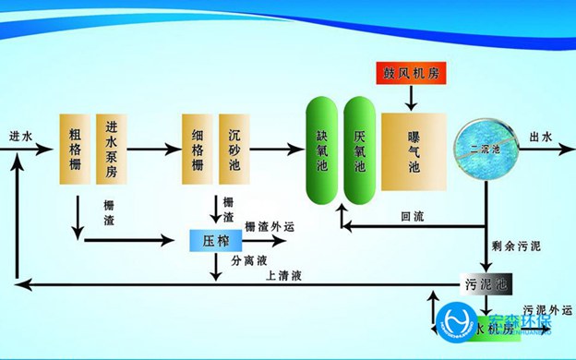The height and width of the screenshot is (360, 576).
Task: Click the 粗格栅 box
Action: click(x=76, y=149)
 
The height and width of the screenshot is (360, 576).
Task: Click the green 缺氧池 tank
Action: click(x=322, y=148)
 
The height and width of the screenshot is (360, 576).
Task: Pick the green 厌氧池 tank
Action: click(x=360, y=148)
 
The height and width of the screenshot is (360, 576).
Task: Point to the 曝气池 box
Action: click(x=414, y=152)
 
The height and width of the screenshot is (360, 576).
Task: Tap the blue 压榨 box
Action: click(x=216, y=240)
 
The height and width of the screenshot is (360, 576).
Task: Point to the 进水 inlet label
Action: click(x=19, y=138)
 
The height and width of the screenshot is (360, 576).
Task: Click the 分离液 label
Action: click(x=249, y=261)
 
